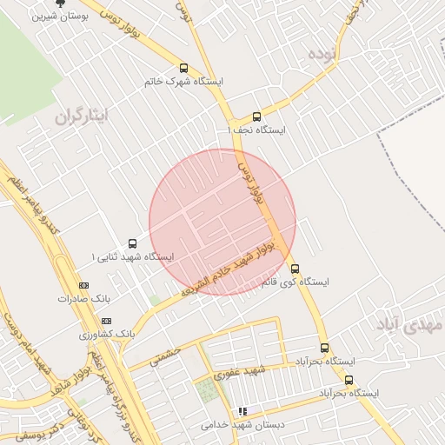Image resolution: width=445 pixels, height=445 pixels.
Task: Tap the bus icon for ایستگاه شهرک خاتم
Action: pyautogui.click(x=183, y=68)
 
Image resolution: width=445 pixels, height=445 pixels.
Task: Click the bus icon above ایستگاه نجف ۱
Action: pyautogui.click(x=256, y=116)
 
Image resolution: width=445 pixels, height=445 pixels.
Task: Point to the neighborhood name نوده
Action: pyautogui.click(x=320, y=54)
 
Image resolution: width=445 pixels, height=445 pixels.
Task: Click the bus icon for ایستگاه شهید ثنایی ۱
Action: pyautogui.click(x=132, y=243)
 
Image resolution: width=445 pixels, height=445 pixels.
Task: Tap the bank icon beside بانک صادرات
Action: pyautogui.click(x=84, y=285)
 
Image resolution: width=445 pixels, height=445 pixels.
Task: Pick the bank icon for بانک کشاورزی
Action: pyautogui.click(x=107, y=321)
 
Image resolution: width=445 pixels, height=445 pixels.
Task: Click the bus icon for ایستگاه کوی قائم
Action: pyautogui.click(x=296, y=268)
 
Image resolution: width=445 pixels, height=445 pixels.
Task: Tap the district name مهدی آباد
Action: pyautogui.click(x=409, y=323)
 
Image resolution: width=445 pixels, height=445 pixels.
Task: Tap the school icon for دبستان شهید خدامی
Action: pyautogui.click(x=243, y=411)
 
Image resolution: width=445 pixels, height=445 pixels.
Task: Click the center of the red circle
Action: pyautogui.click(x=222, y=222)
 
